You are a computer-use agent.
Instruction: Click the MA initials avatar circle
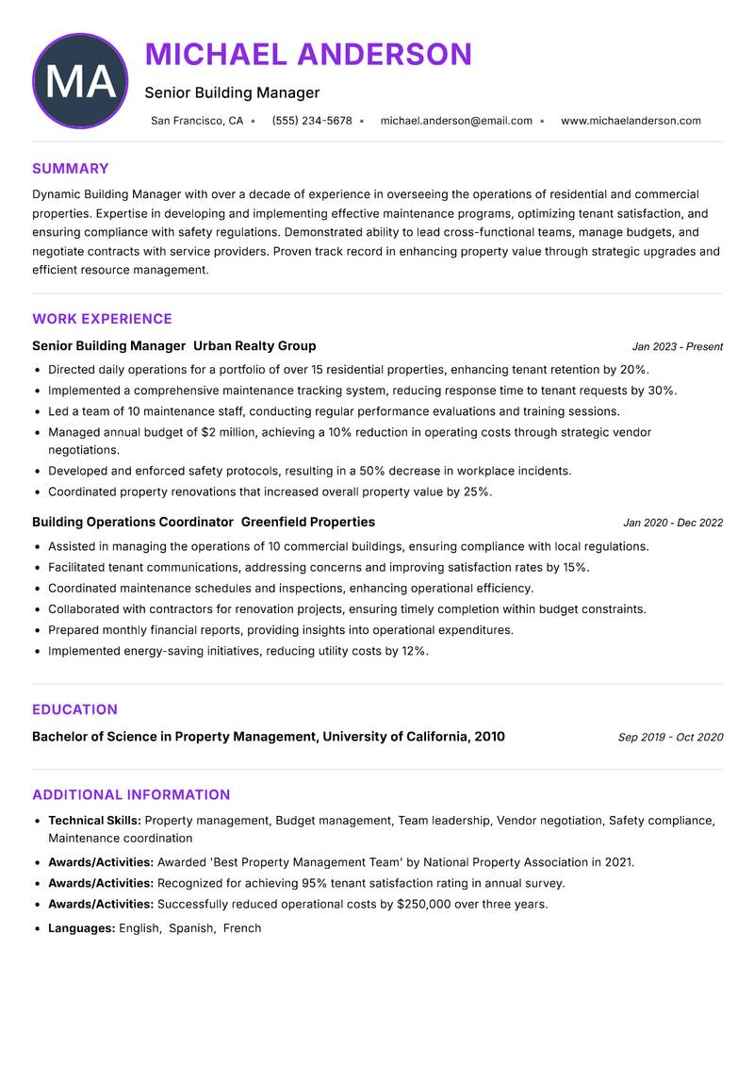click(80, 81)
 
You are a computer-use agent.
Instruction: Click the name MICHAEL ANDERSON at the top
click(308, 55)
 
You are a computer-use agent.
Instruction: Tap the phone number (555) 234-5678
click(311, 121)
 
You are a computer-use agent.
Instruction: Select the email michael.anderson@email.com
click(456, 121)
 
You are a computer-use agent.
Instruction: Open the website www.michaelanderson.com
click(631, 121)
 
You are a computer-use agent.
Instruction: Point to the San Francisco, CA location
click(197, 121)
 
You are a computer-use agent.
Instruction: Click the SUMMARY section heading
click(71, 169)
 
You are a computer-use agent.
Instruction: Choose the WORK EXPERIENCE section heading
click(102, 319)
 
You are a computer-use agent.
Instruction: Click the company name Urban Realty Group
click(254, 346)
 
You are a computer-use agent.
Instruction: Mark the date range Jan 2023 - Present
click(677, 347)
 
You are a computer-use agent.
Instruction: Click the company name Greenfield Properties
click(308, 523)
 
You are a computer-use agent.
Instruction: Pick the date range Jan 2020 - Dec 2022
click(673, 524)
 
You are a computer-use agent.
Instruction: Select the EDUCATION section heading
click(74, 709)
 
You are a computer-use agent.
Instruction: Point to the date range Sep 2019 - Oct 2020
click(670, 738)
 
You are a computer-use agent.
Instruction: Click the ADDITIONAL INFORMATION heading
click(131, 795)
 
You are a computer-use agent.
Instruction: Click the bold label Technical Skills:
click(94, 822)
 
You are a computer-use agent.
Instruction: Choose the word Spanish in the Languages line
click(191, 928)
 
